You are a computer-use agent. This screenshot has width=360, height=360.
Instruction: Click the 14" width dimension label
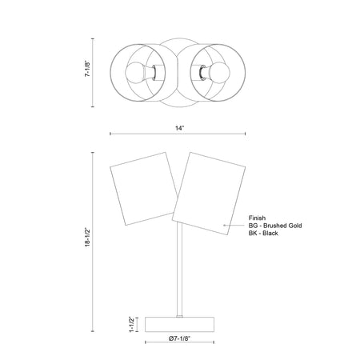(180, 128)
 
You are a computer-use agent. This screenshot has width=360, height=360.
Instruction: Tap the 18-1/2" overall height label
(88, 237)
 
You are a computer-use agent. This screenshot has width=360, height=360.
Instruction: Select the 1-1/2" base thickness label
(132, 325)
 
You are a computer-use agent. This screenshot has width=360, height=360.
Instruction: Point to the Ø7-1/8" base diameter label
(179, 338)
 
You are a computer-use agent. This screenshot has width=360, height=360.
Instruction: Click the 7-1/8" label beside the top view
(88, 69)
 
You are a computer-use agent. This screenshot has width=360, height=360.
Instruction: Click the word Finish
(257, 218)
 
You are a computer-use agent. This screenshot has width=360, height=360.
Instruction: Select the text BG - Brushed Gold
(275, 226)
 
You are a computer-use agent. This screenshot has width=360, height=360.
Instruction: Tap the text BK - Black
(263, 234)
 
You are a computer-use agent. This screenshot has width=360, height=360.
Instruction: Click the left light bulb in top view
(135, 73)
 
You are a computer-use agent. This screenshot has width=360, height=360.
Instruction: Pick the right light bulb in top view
(219, 73)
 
